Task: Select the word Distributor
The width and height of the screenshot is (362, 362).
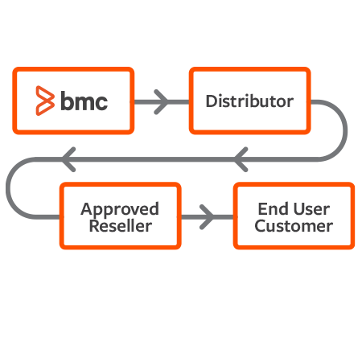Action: click(249, 101)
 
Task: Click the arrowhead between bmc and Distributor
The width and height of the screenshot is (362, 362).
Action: click(160, 101)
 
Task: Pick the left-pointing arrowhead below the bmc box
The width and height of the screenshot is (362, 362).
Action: click(69, 159)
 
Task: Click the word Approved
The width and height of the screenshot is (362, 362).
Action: click(120, 208)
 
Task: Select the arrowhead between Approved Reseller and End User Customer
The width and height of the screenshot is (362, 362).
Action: click(206, 216)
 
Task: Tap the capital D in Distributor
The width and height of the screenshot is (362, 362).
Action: click(211, 101)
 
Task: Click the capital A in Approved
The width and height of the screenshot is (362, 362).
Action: click(86, 208)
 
